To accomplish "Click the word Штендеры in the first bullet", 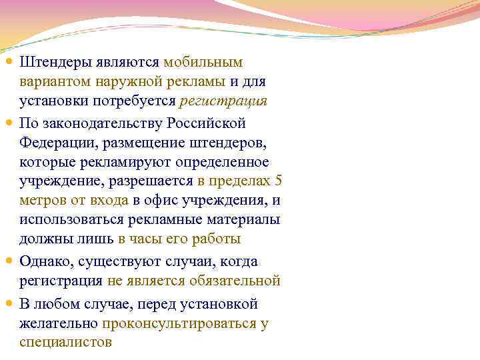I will [x=55, y=63].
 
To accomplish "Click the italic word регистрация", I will [x=223, y=102].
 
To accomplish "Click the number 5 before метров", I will [x=279, y=182].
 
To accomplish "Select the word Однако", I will [x=43, y=261].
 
